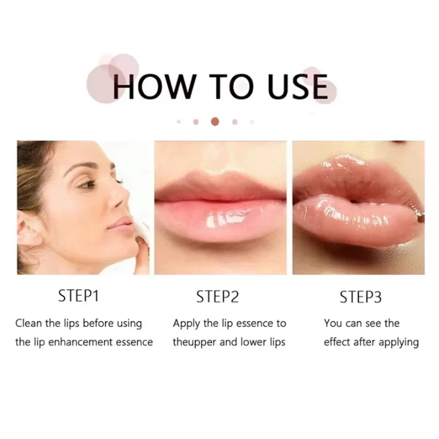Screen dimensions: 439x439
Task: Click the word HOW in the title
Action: click(154, 87)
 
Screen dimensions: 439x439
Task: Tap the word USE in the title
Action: click(297, 87)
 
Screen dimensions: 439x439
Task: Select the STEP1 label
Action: click(78, 296)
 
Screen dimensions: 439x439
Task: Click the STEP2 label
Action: click(217, 297)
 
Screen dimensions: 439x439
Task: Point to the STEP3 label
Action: click(361, 297)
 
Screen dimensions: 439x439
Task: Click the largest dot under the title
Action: click(215, 121)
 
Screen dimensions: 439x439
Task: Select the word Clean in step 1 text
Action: click(29, 323)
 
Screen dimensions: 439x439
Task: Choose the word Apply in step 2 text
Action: click(186, 324)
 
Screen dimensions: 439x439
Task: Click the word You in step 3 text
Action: click(333, 323)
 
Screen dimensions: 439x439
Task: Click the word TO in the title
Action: click(231, 87)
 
